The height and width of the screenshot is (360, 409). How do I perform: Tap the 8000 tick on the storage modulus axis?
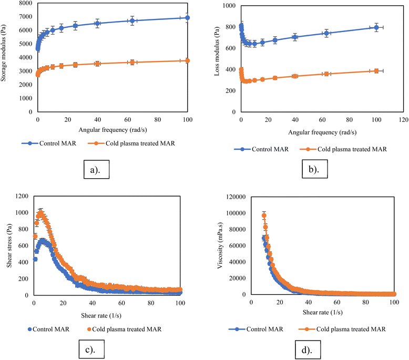[25, 4]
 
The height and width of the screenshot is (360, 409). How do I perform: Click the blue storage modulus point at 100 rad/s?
[187, 18]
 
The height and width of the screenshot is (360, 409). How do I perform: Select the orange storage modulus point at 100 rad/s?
[187, 61]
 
